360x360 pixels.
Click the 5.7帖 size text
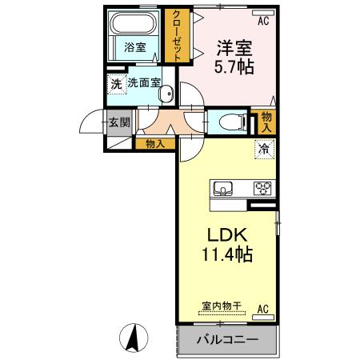pos(232,68)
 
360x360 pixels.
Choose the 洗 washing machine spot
pos(116,83)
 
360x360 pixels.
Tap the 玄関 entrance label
pos(118,123)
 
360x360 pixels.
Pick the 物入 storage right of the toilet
pos(266,122)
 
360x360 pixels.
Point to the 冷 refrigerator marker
pos(263,149)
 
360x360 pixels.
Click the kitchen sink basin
pos(223,189)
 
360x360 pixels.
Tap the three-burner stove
pos(262,189)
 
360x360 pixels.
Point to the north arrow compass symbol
pos(134,338)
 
